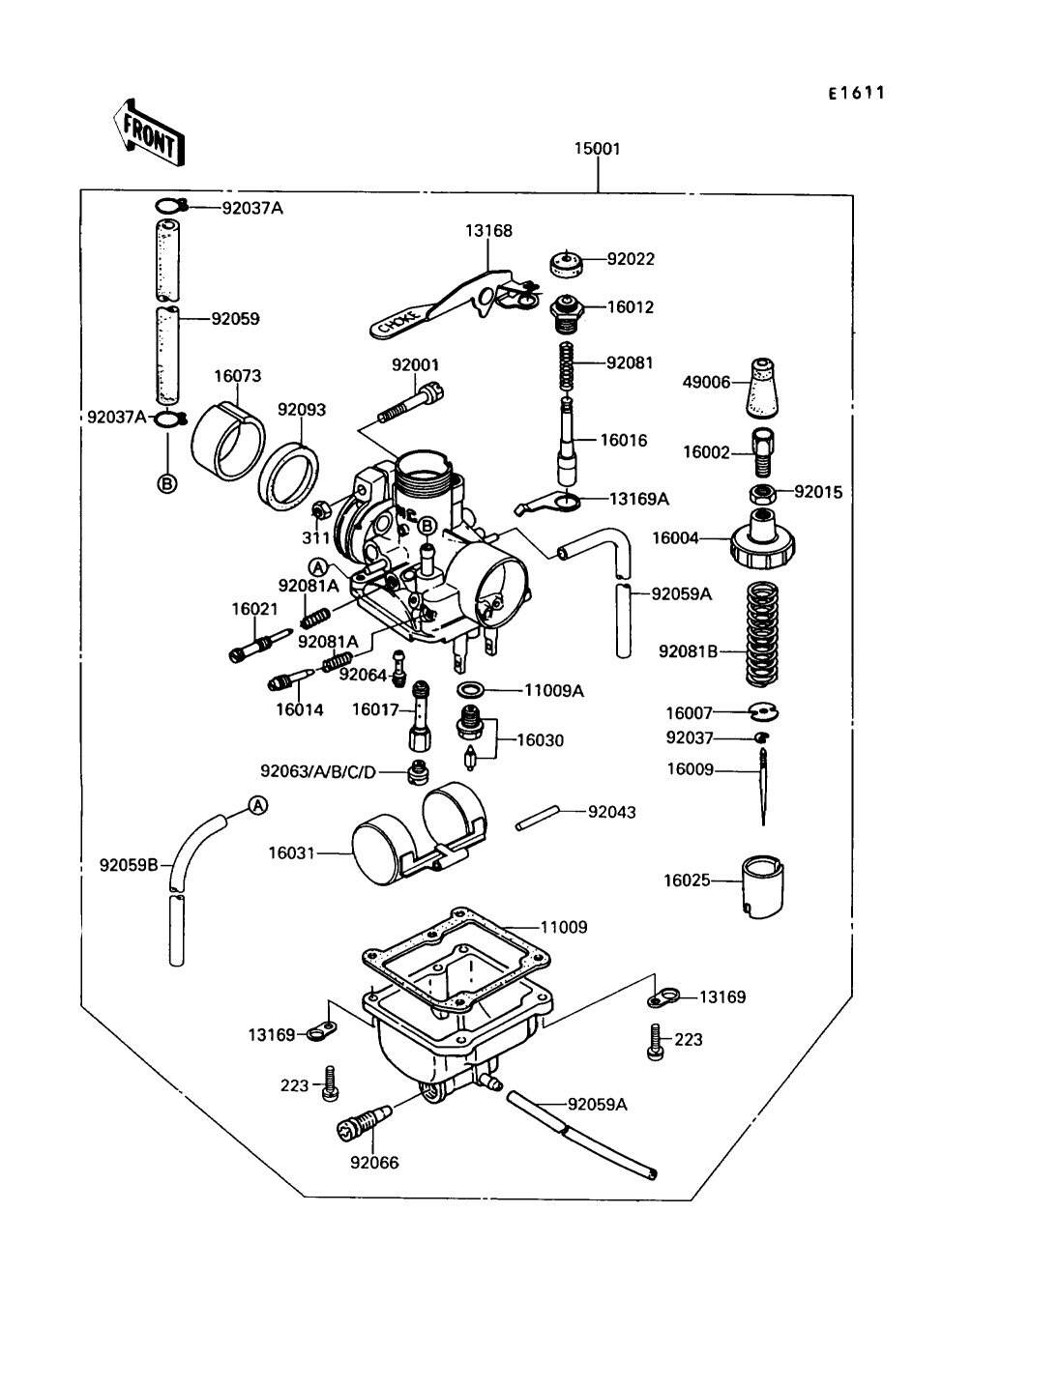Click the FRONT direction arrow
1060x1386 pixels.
(148, 131)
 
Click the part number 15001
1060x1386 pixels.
(597, 149)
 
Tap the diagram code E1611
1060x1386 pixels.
(857, 93)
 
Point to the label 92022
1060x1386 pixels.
(631, 258)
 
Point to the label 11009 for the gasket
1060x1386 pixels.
(563, 927)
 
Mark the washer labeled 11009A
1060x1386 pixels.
(471, 690)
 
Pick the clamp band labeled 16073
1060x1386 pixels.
(230, 440)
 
